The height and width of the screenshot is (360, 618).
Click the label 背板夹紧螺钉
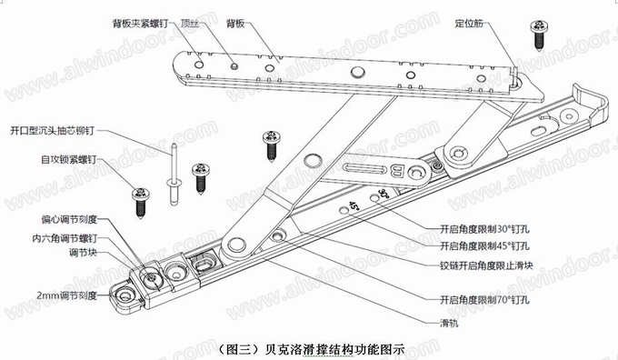pos(140,24)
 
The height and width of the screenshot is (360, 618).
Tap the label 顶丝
pos(190,24)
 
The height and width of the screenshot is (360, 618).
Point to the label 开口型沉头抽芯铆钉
pos(52,131)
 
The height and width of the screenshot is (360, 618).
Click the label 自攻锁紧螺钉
pos(68,160)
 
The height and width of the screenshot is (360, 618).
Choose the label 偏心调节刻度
pos(69,219)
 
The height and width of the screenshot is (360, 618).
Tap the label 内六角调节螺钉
pos(65,238)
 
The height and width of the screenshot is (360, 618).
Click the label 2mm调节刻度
pos(66,295)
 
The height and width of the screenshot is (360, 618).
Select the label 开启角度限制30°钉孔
pos(484,229)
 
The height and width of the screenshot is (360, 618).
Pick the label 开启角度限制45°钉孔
pos(484,246)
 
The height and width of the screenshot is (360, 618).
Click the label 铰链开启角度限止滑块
pos(486,265)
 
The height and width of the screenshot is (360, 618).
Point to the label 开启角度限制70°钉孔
pos(484,300)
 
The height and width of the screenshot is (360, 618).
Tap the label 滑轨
pos(449,324)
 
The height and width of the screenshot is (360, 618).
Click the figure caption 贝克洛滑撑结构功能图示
pos(335,349)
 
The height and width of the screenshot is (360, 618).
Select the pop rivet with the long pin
pos(174,175)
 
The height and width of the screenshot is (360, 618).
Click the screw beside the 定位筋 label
pos(540,35)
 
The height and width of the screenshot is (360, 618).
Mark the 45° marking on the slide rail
pos(354,206)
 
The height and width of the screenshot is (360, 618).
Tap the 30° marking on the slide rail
pos(384,194)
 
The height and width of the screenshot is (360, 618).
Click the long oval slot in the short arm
pos(364,169)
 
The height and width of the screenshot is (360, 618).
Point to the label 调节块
pos(83,253)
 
